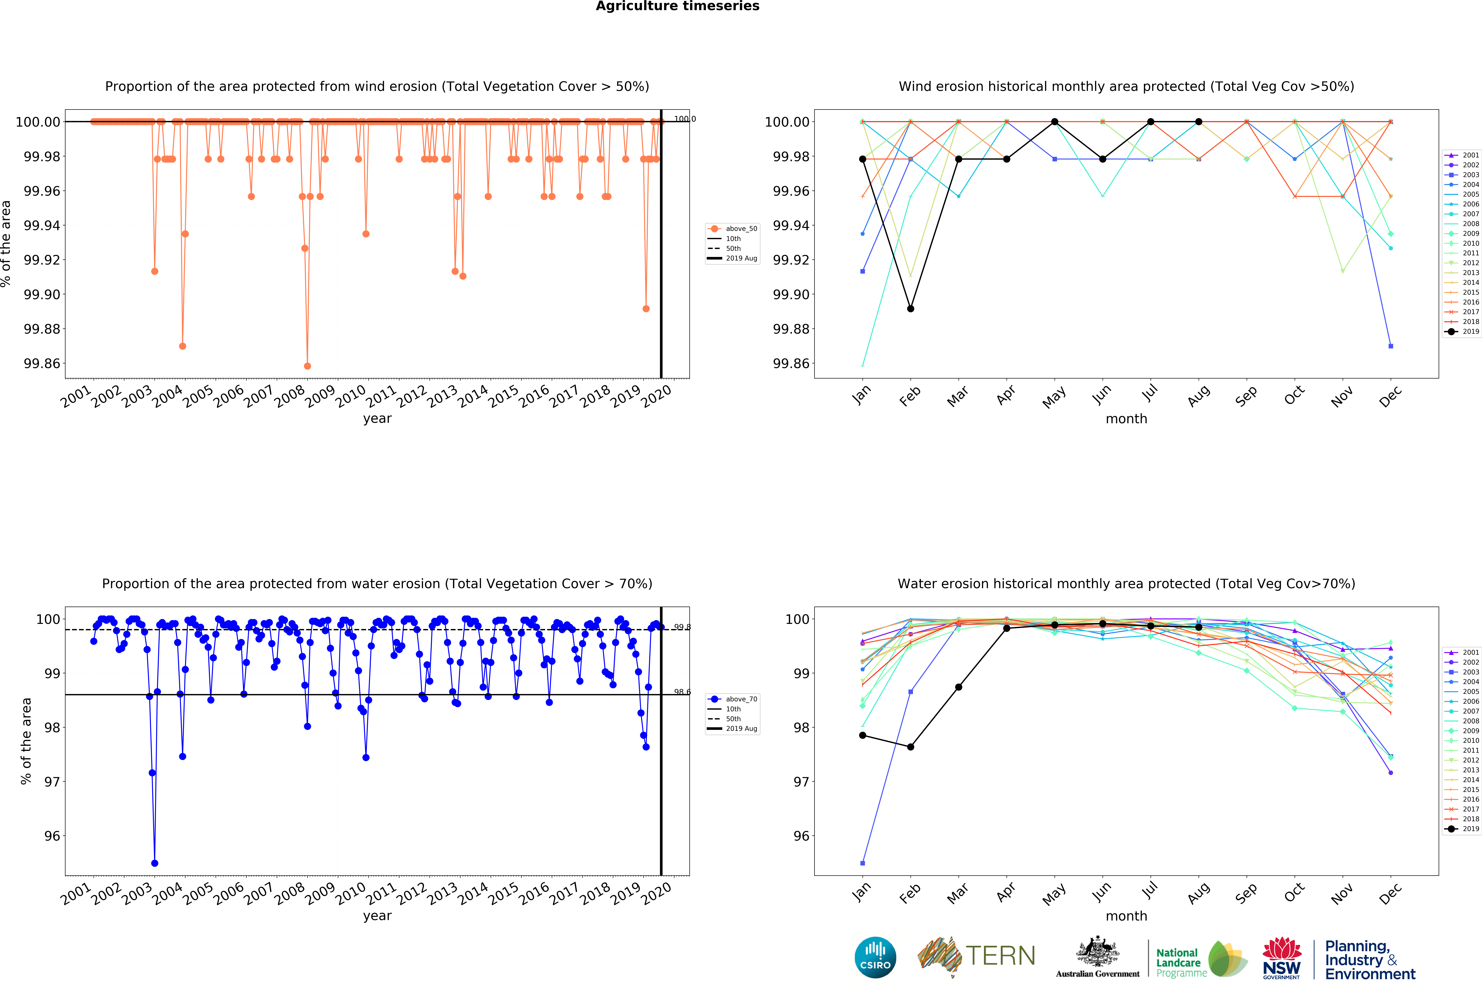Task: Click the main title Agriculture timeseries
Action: coord(677,6)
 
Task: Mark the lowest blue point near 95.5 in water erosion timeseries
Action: coord(154,863)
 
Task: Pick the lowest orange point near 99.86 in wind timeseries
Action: coord(307,366)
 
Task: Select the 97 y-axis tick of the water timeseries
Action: coord(52,782)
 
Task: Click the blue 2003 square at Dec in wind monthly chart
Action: coord(1390,346)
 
